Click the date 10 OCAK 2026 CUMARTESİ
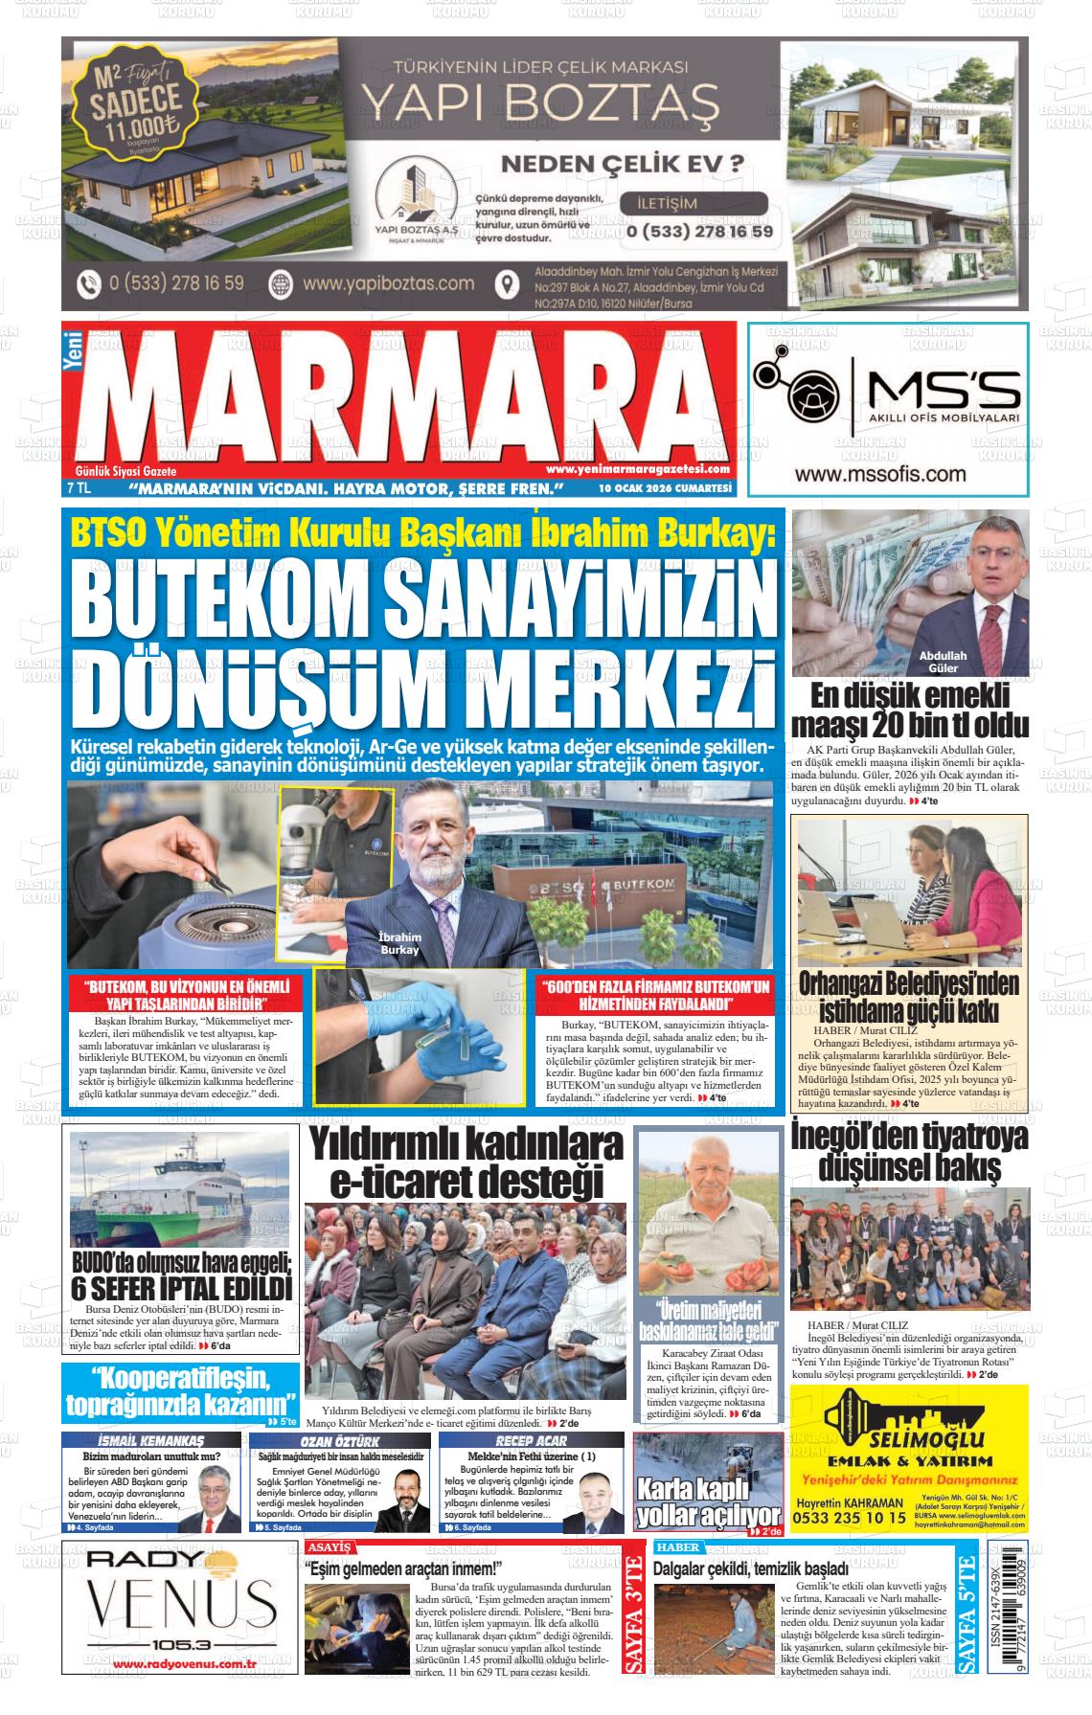click(x=664, y=488)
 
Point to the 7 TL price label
click(x=78, y=488)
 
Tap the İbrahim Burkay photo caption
click(x=399, y=944)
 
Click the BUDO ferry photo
click(x=179, y=1189)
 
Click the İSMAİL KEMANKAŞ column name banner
click(x=150, y=1440)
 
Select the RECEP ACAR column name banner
click(x=531, y=1440)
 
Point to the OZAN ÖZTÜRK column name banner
click(x=341, y=1440)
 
